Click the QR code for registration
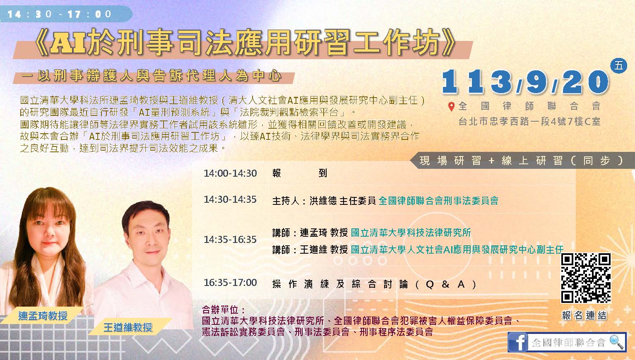click(x=586, y=278)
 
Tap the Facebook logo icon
click(x=518, y=342)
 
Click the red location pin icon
click(x=451, y=107)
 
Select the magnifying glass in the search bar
click(x=616, y=342)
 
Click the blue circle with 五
click(x=618, y=66)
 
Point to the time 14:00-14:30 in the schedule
click(x=230, y=173)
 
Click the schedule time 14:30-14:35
click(x=230, y=199)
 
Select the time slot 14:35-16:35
click(x=230, y=240)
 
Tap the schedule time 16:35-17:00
click(x=230, y=283)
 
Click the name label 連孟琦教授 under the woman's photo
click(x=43, y=315)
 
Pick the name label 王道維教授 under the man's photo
click(x=128, y=327)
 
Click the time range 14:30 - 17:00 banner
click(x=66, y=14)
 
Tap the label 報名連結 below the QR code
click(x=584, y=315)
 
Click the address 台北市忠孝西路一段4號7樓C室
click(x=529, y=122)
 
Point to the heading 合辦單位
click(x=223, y=310)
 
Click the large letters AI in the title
click(x=68, y=43)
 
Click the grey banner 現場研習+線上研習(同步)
click(x=522, y=161)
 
